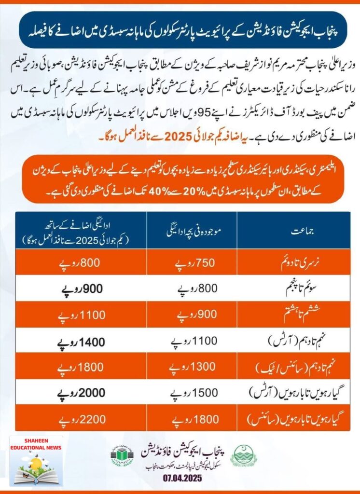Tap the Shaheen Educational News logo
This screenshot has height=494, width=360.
36,461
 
